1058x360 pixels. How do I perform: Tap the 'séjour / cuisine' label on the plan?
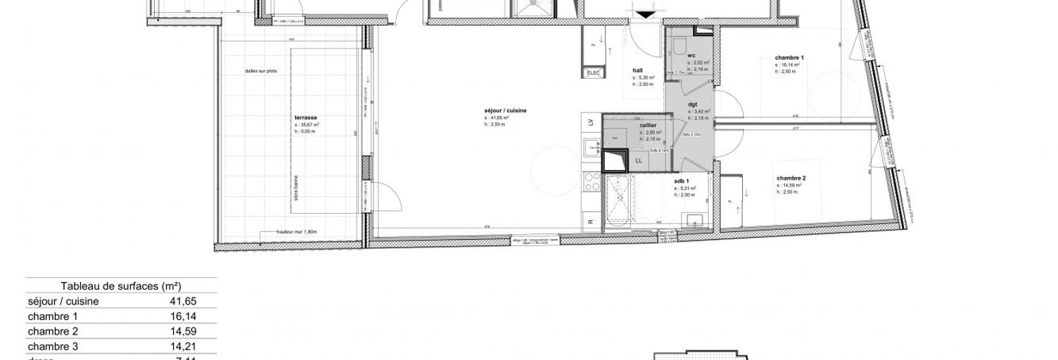pyautogui.click(x=505, y=111)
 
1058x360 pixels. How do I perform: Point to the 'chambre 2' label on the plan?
pyautogui.click(x=791, y=179)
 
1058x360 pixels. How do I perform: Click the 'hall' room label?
pyautogui.click(x=638, y=70)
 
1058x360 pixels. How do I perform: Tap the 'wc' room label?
pyautogui.click(x=691, y=56)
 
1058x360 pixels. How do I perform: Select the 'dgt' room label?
pyautogui.click(x=692, y=104)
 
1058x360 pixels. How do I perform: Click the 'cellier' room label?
pyautogui.click(x=648, y=125)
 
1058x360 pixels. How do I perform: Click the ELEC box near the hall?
pyautogui.click(x=592, y=73)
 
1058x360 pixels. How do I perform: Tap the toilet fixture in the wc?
pyautogui.click(x=678, y=46)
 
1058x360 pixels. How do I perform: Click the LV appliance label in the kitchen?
pyautogui.click(x=589, y=123)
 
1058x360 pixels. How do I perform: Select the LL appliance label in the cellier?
pyautogui.click(x=639, y=161)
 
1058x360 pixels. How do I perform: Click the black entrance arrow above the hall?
pyautogui.click(x=645, y=14)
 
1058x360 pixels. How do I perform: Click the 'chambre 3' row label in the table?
pyautogui.click(x=53, y=347)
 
